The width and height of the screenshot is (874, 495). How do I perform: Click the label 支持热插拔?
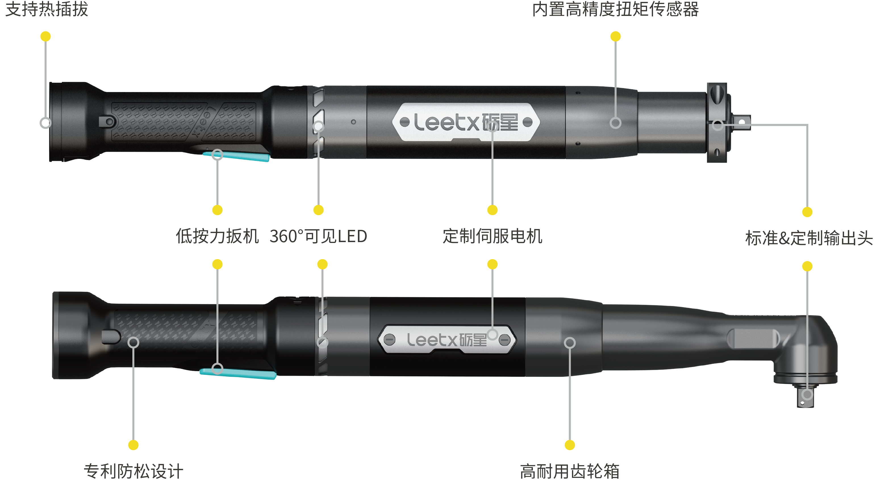(47, 9)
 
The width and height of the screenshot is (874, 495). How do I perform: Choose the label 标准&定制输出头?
(809, 238)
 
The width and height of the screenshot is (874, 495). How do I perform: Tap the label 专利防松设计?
(134, 471)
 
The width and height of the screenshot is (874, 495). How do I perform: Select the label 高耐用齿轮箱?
(570, 471)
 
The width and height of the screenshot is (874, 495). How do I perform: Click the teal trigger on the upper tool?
(238, 156)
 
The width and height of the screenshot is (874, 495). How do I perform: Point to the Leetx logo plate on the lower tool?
(447, 340)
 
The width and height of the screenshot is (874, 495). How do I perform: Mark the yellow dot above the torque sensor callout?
(616, 36)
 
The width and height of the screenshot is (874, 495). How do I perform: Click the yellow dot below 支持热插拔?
(45, 36)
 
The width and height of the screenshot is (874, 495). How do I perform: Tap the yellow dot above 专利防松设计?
(134, 445)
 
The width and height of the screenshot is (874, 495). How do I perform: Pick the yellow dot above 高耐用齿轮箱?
(570, 445)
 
